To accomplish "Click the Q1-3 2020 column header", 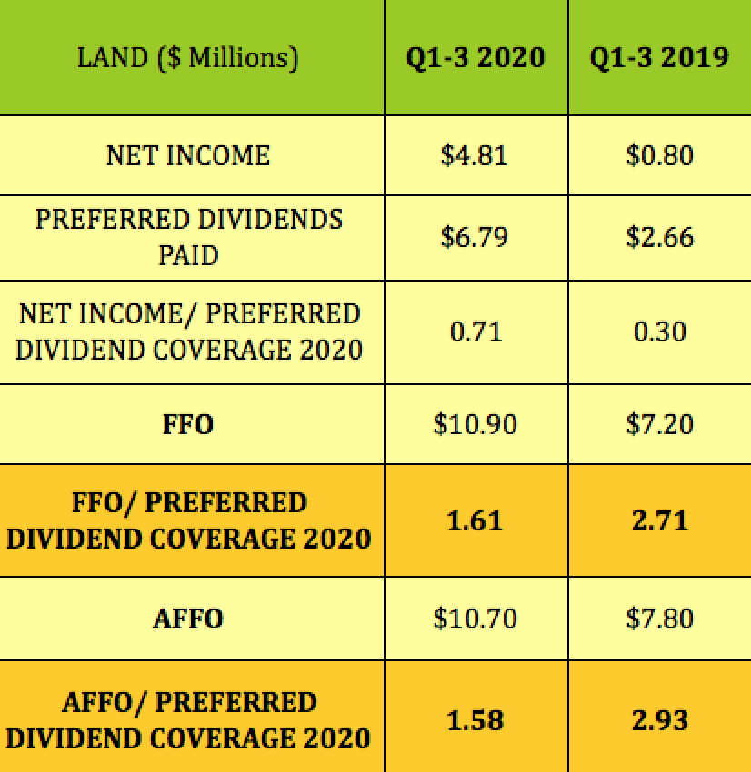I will pyautogui.click(x=476, y=58).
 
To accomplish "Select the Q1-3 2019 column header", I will pyautogui.click(x=659, y=58).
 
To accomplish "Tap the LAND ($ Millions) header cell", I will pyautogui.click(x=188, y=58).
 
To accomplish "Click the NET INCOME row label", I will pyautogui.click(x=188, y=155).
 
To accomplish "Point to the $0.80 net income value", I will pyautogui.click(x=659, y=155).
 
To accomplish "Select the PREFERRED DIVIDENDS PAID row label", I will pyautogui.click(x=188, y=237).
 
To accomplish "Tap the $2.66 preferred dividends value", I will pyautogui.click(x=659, y=237).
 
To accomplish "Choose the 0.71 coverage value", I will pyautogui.click(x=476, y=332).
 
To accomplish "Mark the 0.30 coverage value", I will pyautogui.click(x=659, y=332).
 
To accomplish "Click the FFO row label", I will pyautogui.click(x=188, y=424).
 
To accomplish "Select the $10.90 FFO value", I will pyautogui.click(x=476, y=424).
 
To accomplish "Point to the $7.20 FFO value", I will pyautogui.click(x=659, y=424).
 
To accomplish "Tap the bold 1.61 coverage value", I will pyautogui.click(x=476, y=520).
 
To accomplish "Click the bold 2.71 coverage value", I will pyautogui.click(x=659, y=520).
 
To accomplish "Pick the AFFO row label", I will pyautogui.click(x=188, y=619).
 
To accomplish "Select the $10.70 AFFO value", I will pyautogui.click(x=476, y=619).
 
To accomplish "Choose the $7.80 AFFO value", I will pyautogui.click(x=659, y=619).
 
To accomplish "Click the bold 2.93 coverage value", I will pyautogui.click(x=659, y=720).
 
